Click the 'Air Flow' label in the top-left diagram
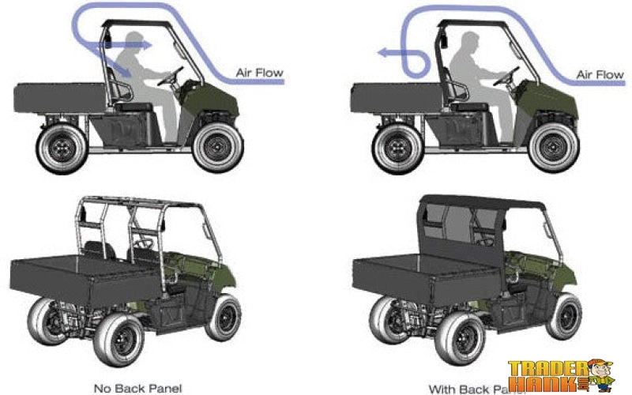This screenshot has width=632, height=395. pos(259,73)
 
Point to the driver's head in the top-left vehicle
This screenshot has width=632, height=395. pos(134,43)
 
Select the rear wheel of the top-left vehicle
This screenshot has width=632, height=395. pos(60,148)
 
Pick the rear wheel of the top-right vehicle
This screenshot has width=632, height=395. pos(397,148)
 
